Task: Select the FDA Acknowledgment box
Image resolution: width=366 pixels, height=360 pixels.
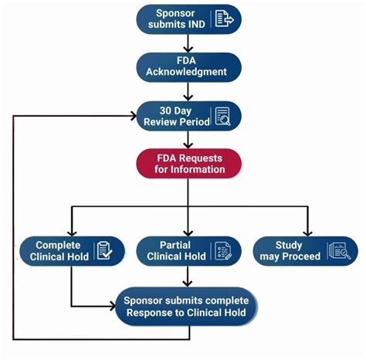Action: coord(188,67)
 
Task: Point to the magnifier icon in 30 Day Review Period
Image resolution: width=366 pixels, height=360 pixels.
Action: coord(223,116)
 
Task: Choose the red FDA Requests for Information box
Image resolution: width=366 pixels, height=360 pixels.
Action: coord(188,163)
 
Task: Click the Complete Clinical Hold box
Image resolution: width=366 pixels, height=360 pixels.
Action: coord(72,251)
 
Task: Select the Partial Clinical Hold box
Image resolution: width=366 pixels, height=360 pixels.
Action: coord(188,251)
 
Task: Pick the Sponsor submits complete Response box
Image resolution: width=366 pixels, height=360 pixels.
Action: coord(187,306)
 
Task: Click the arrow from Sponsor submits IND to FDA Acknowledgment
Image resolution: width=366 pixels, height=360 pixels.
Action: coord(188,43)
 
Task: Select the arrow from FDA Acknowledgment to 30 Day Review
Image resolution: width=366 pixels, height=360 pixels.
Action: coord(188,91)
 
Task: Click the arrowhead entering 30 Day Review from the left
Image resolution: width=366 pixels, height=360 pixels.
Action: coord(132,115)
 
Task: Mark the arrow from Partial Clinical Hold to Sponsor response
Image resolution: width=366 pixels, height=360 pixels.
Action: coord(188,276)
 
